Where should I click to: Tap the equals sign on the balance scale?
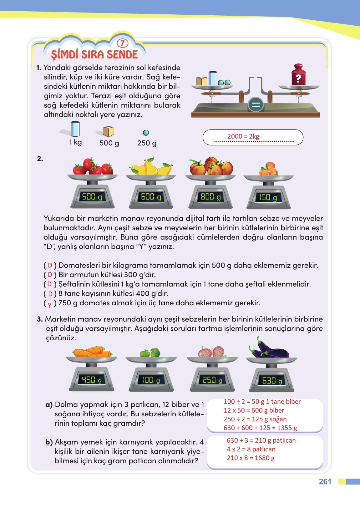click(256, 104)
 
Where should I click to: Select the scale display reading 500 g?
click(92, 197)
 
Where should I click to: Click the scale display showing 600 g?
click(151, 197)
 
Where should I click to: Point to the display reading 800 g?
click(210, 197)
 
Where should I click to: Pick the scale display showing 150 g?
click(268, 197)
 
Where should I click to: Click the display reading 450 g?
click(91, 380)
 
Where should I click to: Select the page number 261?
click(325, 481)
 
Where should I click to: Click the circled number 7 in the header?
click(122, 43)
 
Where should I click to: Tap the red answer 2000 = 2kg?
click(243, 136)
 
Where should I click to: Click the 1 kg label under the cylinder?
click(75, 142)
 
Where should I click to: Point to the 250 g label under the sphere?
click(147, 143)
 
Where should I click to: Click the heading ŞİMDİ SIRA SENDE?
click(94, 55)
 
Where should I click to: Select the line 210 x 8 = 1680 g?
click(251, 458)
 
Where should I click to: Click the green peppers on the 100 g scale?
click(150, 353)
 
